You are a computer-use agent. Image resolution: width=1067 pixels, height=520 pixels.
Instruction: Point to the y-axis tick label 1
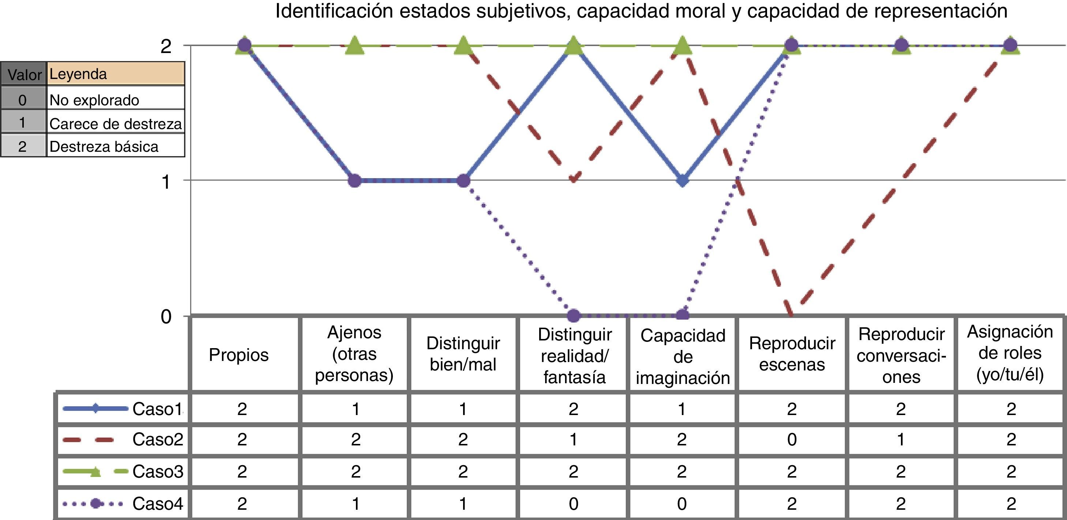[x=166, y=182]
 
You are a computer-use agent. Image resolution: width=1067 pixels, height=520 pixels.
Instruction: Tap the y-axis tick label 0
[x=166, y=317]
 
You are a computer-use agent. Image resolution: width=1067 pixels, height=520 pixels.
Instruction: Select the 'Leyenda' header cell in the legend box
[x=116, y=74]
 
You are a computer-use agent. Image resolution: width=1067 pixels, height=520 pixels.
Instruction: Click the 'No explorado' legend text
[x=94, y=100]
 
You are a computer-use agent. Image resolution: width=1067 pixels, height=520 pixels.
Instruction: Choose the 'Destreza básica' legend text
[x=104, y=147]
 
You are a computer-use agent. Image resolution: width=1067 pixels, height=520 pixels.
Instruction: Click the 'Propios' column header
[x=238, y=355]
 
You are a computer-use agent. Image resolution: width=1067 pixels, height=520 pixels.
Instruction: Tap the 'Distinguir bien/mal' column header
[x=463, y=354]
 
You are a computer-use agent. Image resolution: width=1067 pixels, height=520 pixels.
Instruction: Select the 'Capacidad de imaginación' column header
[x=683, y=357]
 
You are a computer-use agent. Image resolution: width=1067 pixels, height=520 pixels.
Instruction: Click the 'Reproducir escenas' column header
[x=792, y=354]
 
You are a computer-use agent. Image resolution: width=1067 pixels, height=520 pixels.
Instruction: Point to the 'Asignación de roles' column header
[x=1010, y=353]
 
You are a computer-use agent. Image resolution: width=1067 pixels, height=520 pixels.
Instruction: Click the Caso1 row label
[x=157, y=409]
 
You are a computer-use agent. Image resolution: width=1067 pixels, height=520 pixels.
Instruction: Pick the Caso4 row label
[x=158, y=504]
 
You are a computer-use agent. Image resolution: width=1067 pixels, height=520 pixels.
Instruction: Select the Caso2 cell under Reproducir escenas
[x=792, y=439]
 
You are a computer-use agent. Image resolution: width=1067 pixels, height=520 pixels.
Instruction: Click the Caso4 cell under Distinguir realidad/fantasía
[x=573, y=504]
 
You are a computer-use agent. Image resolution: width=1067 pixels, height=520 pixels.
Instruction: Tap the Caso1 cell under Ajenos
[x=356, y=409]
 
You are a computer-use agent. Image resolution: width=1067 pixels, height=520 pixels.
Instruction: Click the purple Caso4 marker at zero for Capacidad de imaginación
[x=683, y=316]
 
